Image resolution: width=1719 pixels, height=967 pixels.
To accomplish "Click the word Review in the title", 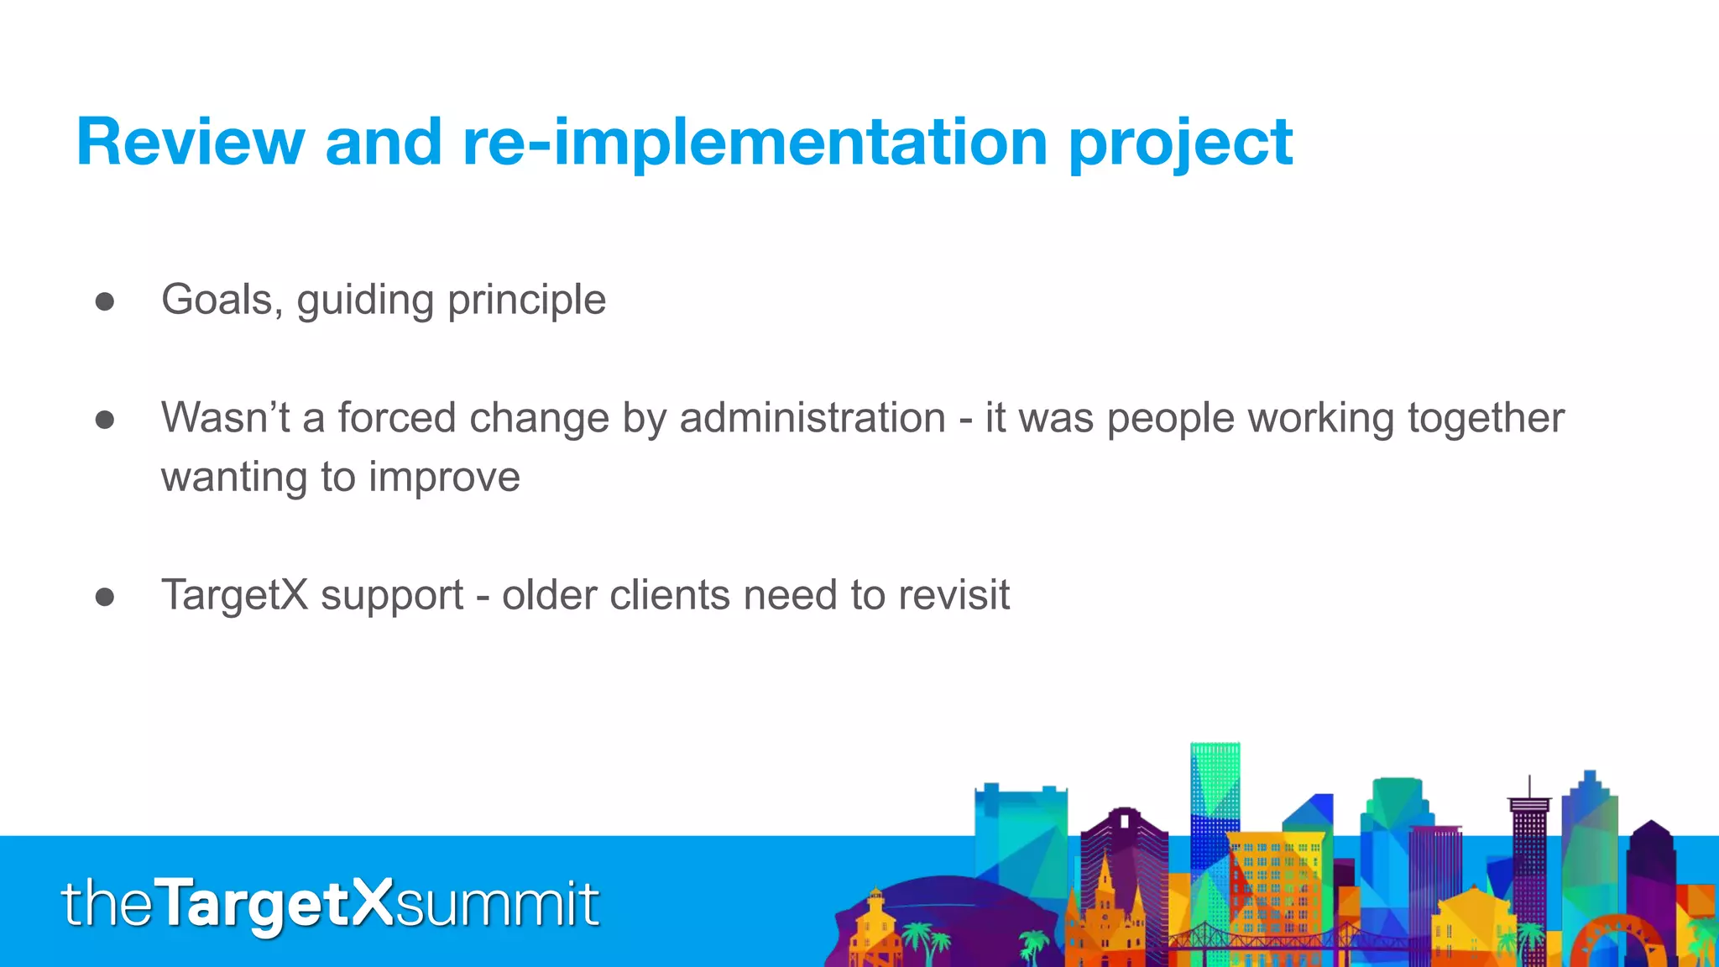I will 190,143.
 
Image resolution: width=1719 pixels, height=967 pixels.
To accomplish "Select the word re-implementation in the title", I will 755,143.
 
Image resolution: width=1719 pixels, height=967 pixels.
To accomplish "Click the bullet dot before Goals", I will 105,302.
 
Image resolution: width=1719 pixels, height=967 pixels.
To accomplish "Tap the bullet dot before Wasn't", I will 105,420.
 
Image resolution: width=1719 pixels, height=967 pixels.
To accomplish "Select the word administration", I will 812,418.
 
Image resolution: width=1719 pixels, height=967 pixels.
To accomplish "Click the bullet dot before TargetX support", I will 105,597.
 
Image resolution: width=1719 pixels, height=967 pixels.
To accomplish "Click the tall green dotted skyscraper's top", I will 1215,750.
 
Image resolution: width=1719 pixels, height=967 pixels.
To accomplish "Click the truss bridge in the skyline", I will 1259,938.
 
